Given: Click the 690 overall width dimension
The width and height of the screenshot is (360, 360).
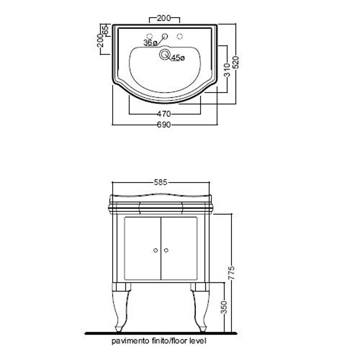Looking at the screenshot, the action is pos(164,124).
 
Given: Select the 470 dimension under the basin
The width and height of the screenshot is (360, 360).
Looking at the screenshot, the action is pos(164,114).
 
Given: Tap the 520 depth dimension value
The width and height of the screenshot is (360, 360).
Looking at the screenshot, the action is pos(236,62).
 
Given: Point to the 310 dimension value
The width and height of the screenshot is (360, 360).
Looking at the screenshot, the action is pos(227,70).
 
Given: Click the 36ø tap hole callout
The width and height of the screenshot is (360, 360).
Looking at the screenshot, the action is pos(150,43).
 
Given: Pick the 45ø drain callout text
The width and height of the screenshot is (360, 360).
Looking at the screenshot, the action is pos(178,58).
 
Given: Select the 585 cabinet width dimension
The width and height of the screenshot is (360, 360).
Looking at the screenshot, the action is pos(160,183).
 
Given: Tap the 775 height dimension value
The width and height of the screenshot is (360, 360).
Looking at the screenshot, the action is pos(231,273).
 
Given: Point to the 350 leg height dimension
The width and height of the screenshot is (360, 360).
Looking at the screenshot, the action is pos(224,307).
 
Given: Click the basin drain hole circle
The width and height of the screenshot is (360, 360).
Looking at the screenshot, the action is pos(164,55).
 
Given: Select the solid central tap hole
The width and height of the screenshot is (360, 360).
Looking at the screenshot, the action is pos(165,36).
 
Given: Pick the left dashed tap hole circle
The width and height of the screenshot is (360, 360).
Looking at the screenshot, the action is pos(150,36).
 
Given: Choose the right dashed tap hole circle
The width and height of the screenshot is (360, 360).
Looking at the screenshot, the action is pos(180,36).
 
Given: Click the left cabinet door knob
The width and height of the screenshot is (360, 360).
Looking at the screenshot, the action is pos(155,250).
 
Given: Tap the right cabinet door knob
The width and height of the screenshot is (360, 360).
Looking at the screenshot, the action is pos(166,250).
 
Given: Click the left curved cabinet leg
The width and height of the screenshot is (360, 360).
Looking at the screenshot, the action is pos(121,307).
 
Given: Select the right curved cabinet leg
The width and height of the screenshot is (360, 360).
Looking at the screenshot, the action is pos(200,307).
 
